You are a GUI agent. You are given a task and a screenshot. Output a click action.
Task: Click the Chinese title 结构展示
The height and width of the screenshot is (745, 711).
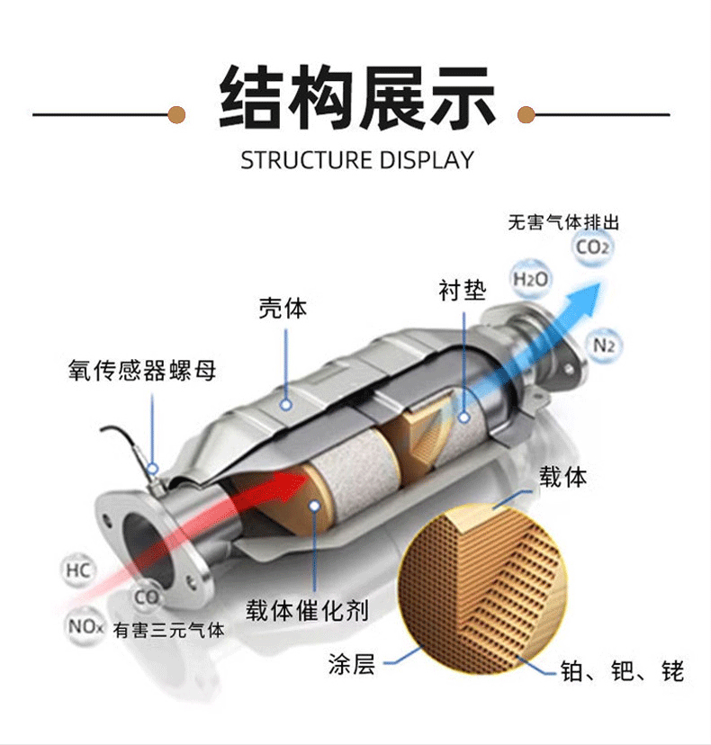coord(357,97)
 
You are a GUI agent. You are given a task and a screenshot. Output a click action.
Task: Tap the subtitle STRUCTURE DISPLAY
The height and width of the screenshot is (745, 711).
coord(356,160)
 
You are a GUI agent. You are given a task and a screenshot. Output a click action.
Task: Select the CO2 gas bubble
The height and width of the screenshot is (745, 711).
coord(592,246)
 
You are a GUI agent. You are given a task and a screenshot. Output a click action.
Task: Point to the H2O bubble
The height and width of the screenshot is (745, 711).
coord(530,279)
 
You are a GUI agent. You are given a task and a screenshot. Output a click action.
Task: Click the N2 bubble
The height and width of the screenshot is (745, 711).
coord(605,344)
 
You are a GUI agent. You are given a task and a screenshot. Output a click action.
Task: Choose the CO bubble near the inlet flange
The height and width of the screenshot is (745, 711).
coord(147,596)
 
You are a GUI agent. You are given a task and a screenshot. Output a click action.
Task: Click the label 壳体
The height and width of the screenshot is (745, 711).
coord(283,309)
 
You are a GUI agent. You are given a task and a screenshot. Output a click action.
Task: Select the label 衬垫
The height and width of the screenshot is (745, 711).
coord(462,290)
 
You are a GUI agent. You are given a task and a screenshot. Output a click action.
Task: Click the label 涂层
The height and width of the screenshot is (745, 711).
coord(351,666)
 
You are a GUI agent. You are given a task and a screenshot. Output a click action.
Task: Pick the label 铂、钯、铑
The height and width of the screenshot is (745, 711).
coord(622,670)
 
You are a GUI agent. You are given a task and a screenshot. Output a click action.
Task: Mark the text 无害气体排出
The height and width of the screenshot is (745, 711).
coord(563,222)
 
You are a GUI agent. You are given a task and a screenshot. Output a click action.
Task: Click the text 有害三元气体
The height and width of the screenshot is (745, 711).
coord(169,630)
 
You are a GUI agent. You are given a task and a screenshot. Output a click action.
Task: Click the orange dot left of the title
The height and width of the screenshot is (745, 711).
coord(177,114)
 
